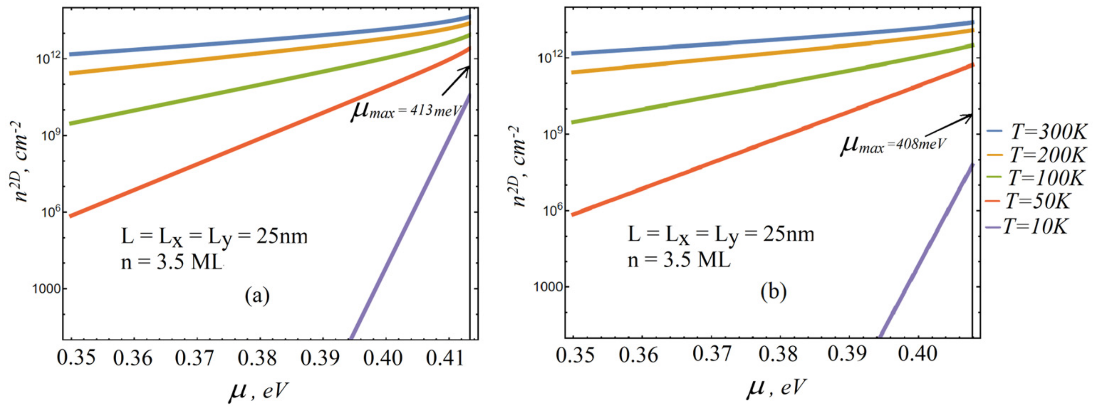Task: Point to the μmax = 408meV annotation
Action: coord(893,145)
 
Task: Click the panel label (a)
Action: coord(257,296)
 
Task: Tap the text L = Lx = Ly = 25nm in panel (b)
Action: coord(721,234)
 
